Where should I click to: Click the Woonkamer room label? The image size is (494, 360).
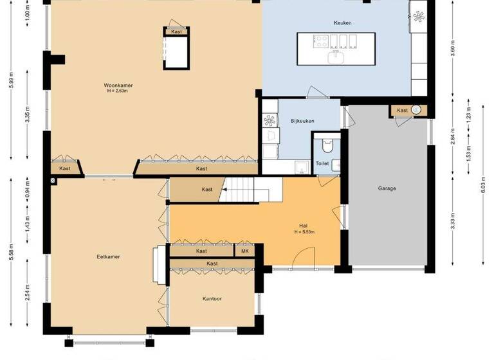[118, 85]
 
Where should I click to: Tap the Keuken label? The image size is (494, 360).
[342, 23]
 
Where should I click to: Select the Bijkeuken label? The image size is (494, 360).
[301, 121]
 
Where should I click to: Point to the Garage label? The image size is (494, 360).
[387, 188]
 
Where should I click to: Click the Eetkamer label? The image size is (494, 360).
[109, 256]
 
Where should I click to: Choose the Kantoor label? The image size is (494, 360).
[212, 298]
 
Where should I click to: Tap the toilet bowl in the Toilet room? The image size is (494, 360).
[325, 143]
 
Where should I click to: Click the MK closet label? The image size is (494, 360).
[244, 251]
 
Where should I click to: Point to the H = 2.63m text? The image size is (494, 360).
[118, 91]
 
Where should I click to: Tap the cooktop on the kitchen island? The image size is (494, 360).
[320, 42]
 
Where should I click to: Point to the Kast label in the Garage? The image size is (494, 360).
[402, 111]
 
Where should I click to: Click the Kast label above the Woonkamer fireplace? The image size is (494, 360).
[176, 31]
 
